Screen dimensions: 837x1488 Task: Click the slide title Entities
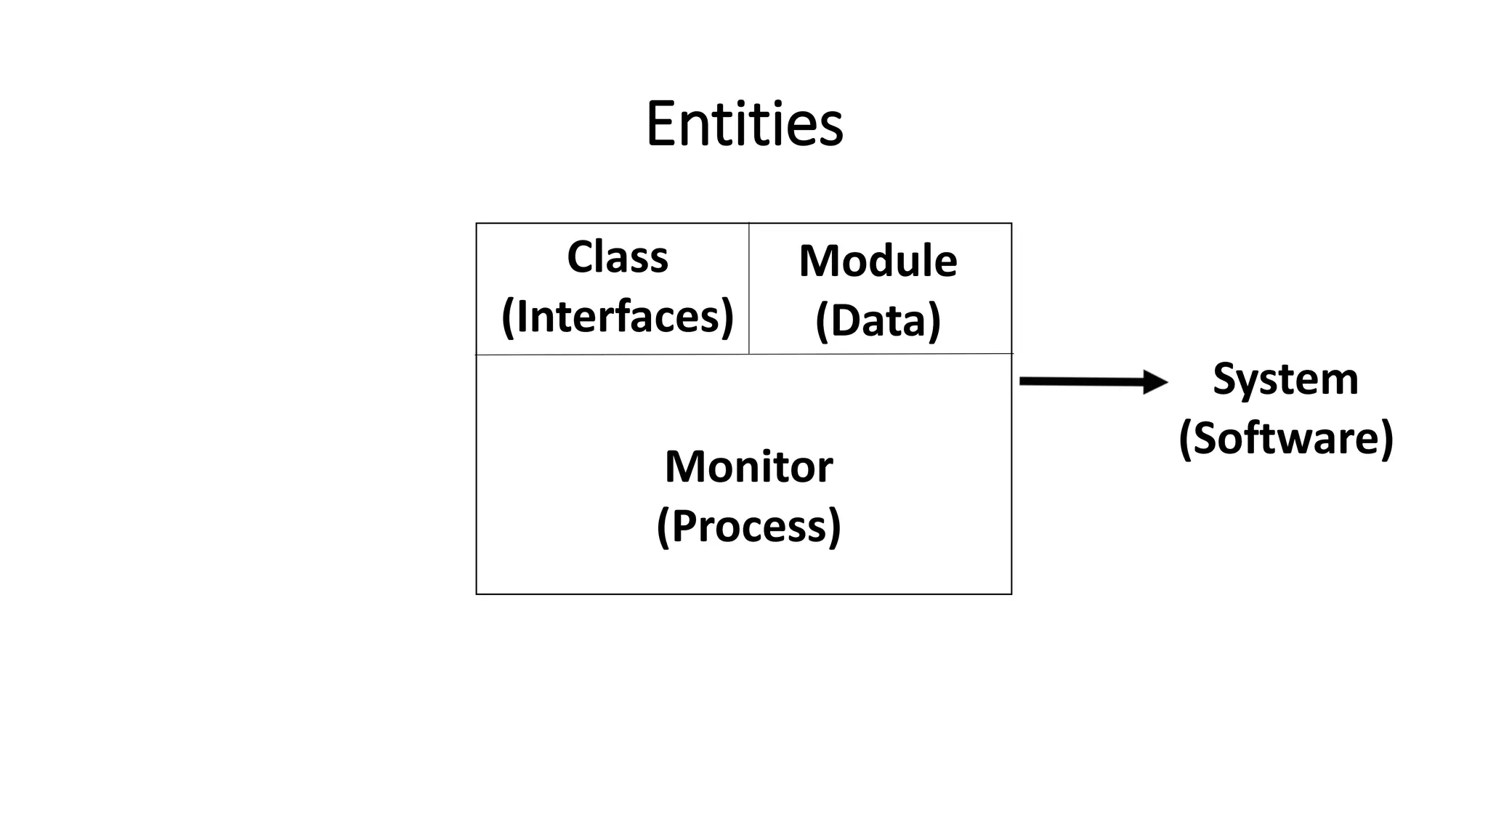click(x=744, y=124)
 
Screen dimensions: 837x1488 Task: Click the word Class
click(x=618, y=257)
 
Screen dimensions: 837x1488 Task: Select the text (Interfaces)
click(x=618, y=317)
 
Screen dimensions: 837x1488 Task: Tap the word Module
click(x=878, y=261)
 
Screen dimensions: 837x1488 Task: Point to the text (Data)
click(x=878, y=320)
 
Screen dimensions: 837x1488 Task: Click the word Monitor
click(x=748, y=466)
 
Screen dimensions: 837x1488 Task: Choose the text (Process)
click(x=748, y=526)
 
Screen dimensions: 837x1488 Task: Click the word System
click(x=1285, y=379)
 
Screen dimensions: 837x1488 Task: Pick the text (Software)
click(x=1285, y=438)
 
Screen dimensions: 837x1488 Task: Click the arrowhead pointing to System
click(x=1155, y=381)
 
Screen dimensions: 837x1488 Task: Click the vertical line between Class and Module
click(x=748, y=291)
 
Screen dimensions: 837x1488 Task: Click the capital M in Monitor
click(x=684, y=466)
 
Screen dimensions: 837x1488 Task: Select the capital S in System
click(x=1226, y=379)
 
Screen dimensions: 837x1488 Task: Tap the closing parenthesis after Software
click(x=1386, y=439)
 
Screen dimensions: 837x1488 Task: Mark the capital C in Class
click(x=581, y=257)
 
